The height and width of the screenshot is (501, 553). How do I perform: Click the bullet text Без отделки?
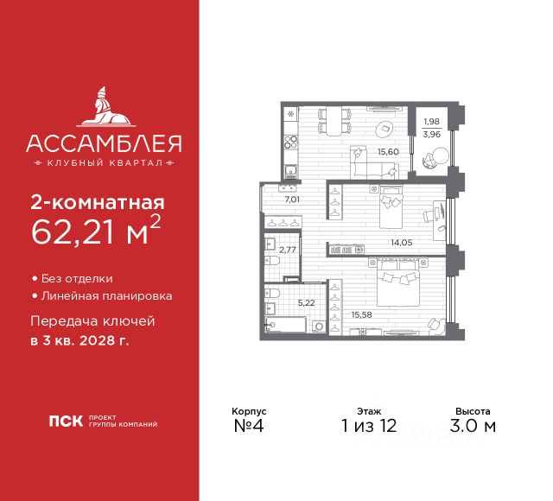[x=83, y=279]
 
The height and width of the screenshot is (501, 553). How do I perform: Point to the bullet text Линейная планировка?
[x=105, y=295]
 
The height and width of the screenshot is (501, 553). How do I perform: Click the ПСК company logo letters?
[x=66, y=423]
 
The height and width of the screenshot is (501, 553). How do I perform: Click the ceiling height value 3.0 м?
[x=474, y=426]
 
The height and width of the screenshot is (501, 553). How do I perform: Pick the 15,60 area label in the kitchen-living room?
[x=387, y=151]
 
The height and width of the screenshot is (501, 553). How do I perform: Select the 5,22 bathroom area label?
[x=307, y=303]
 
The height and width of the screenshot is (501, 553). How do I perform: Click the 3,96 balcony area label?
[x=432, y=134]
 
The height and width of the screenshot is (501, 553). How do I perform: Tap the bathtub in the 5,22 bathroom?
[x=284, y=326]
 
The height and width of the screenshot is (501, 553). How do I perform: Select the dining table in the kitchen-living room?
[x=333, y=120]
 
